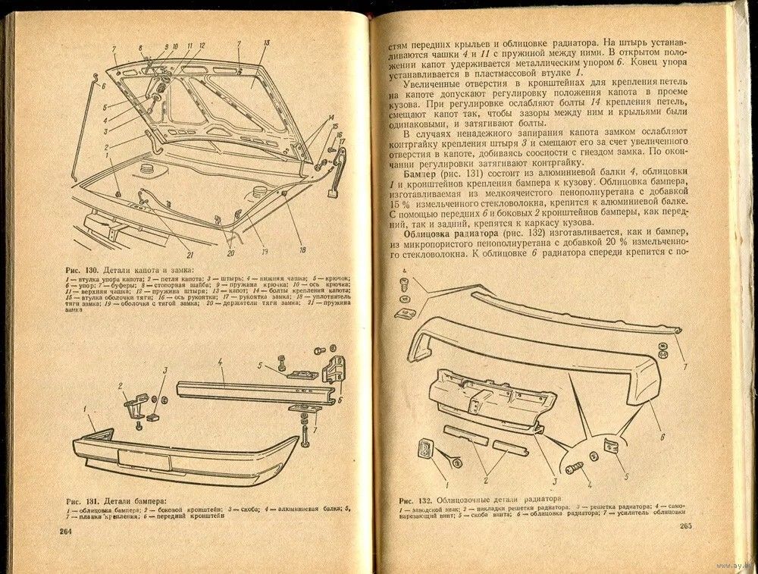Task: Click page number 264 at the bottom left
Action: coord(65,531)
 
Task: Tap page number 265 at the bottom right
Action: coord(686,526)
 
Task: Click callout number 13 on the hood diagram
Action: coord(266,45)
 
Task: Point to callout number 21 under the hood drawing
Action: coord(189,254)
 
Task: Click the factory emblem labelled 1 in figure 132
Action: coord(424,449)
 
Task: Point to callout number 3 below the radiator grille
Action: coord(554,479)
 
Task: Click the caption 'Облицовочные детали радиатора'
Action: coord(498,499)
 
